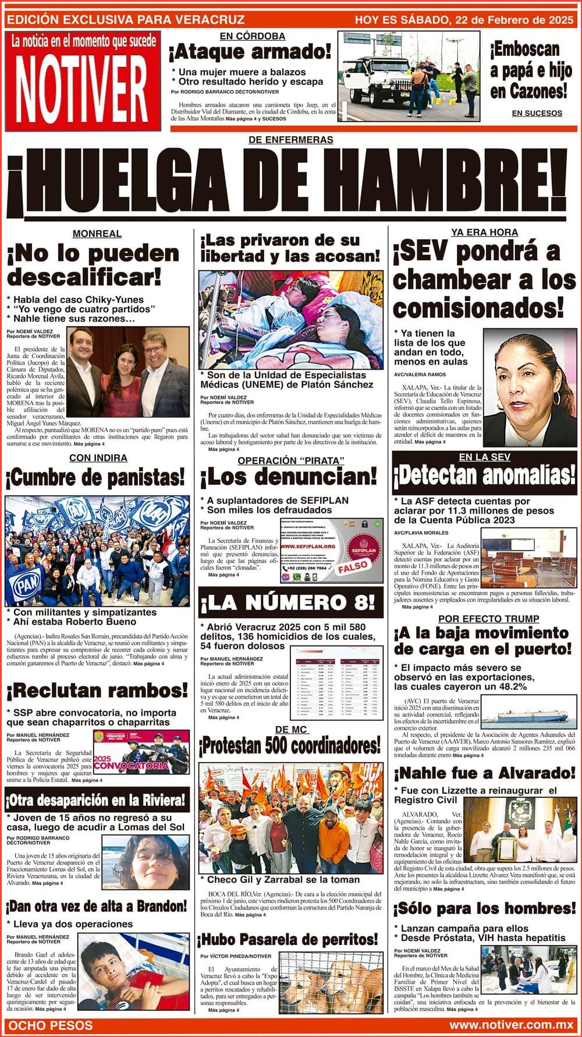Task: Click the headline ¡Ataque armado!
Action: point(250,53)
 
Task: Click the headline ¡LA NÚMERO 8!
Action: point(290,603)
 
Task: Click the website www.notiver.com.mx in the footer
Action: point(511,1024)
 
